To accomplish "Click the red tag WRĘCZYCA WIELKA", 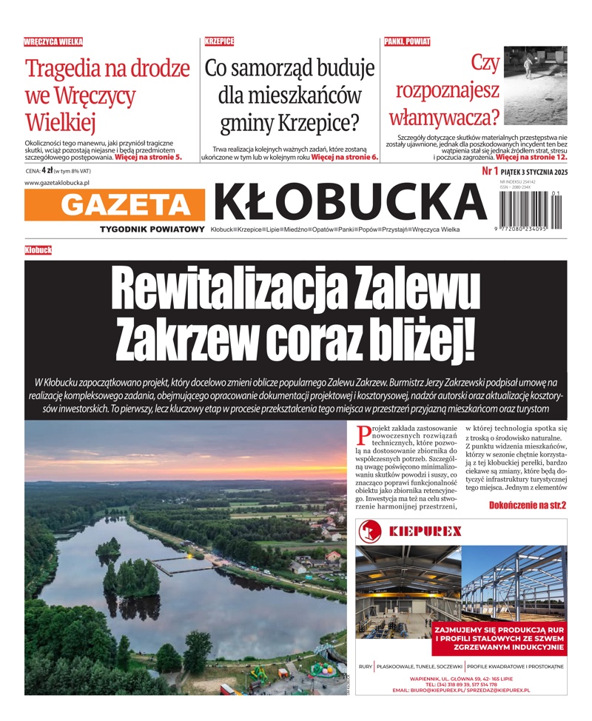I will click(53, 42).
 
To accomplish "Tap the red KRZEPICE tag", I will click(219, 42).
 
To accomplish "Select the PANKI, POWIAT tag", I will click(407, 42).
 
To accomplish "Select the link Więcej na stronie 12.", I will click(531, 158).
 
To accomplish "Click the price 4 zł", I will click(47, 171).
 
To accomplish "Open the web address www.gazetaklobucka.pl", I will click(57, 183).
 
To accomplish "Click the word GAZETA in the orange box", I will click(115, 204).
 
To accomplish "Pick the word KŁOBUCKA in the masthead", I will click(349, 201).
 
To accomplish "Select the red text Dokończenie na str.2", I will click(527, 505).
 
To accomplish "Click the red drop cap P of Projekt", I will click(363, 434).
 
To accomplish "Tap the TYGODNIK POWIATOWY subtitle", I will click(152, 229).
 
